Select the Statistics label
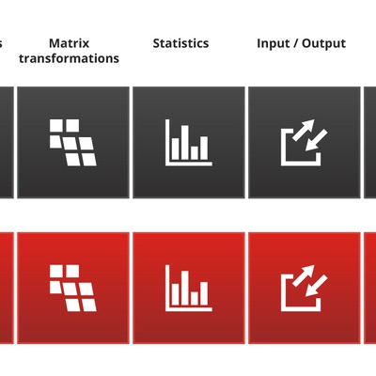tap(180, 43)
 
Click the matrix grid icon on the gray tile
tap(73, 142)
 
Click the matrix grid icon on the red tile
tap(73, 288)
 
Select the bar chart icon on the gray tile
tap(188, 142)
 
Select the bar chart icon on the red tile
tap(188, 288)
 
